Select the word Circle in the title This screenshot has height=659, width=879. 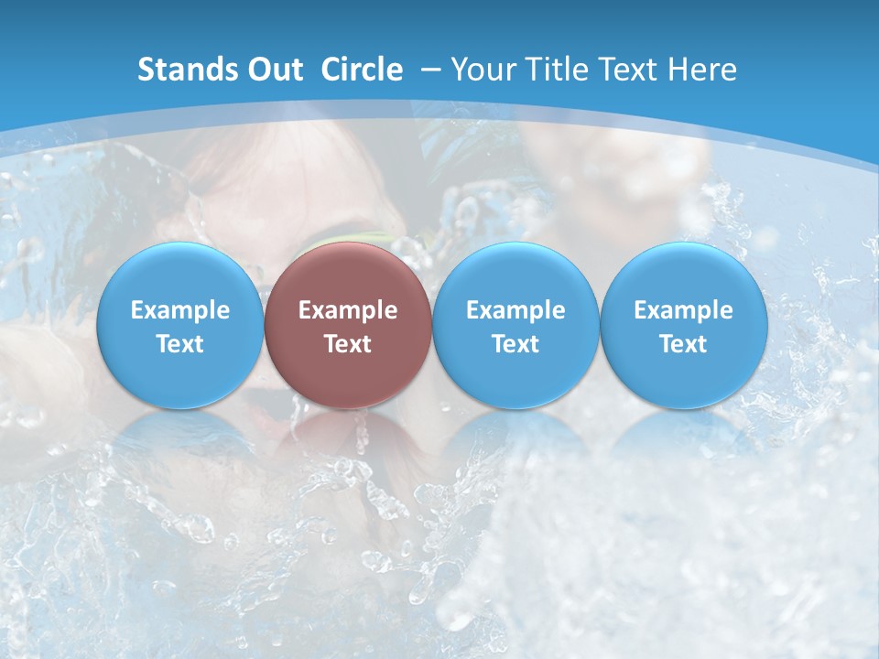click(x=362, y=70)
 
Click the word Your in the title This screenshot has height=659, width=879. click(x=484, y=70)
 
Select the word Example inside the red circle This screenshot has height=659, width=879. click(x=348, y=310)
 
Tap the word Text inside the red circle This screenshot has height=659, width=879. click(x=348, y=344)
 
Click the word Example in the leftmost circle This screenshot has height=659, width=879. click(x=179, y=310)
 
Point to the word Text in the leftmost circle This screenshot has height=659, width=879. click(x=179, y=344)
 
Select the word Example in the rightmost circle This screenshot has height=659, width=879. click(x=684, y=310)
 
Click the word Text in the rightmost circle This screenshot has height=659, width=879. click(x=684, y=344)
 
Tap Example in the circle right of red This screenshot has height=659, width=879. click(x=515, y=310)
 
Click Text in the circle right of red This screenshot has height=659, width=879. click(x=515, y=344)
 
